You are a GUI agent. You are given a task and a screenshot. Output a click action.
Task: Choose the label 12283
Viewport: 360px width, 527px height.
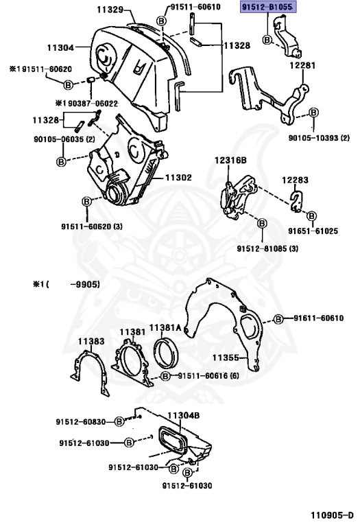(296, 179)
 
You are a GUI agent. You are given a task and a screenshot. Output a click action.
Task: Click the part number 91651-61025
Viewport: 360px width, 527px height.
(313, 231)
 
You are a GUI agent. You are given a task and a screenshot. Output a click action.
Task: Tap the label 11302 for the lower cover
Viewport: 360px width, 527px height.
(177, 177)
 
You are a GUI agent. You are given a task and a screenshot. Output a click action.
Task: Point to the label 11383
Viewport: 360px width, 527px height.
(91, 341)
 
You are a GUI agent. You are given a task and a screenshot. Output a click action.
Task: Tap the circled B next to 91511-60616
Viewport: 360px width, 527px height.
(166, 376)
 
